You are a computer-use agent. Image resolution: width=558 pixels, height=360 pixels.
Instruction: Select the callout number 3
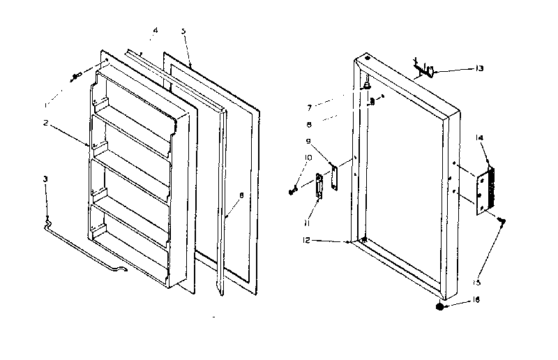point(45,179)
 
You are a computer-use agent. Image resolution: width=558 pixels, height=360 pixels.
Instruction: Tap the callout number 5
point(183,31)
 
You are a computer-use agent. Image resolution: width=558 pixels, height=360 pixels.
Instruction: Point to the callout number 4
point(155,30)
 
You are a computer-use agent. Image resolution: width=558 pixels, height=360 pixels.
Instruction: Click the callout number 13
point(479,68)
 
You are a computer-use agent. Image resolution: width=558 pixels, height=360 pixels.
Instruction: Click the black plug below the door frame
point(439,306)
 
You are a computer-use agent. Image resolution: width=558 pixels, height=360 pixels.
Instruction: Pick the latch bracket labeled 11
point(320,186)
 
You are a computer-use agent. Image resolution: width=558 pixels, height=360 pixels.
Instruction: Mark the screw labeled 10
point(294,190)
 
